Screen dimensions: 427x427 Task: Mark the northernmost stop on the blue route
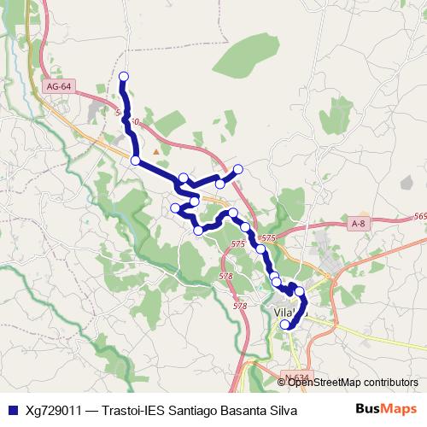pos(124,77)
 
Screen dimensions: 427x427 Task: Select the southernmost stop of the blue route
pos(285,325)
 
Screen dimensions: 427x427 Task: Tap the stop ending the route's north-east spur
pos(238,168)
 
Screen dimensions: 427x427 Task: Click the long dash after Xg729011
pos(91,411)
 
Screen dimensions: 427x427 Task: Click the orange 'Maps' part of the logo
pos(400,410)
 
